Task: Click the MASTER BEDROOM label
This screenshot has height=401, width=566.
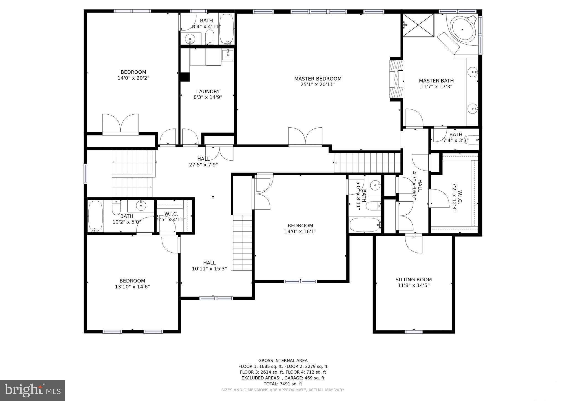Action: coord(318,79)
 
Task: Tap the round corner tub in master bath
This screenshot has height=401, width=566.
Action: coord(462,29)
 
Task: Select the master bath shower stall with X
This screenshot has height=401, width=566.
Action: coord(418,25)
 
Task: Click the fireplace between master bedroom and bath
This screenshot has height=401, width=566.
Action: coord(396,79)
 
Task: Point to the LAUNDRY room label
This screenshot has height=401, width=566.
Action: coord(208,91)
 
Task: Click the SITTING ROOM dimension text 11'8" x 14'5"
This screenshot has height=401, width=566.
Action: coord(413,286)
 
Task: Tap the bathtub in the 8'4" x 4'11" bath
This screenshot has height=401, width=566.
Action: coord(227,29)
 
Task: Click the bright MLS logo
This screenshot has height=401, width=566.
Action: coord(32,390)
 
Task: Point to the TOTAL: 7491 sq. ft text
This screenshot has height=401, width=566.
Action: coord(283,384)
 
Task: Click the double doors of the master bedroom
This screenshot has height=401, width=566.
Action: coord(305,137)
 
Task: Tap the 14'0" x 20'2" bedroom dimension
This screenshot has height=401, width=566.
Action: coord(133,78)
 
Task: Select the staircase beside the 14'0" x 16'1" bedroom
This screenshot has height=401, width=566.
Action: coord(242,242)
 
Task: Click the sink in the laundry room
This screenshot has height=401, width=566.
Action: coord(228,55)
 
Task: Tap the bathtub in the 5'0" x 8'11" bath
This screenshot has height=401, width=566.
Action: coord(365,225)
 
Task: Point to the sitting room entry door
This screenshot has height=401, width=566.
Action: coord(413,243)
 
